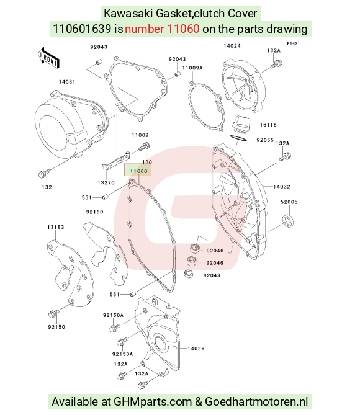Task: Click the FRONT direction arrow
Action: coord(48,58)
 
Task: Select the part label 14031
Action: coord(67,82)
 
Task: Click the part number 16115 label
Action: coord(268,125)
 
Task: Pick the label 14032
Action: coord(282,187)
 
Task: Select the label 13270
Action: coord(106,182)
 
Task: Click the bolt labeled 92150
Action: coord(53,314)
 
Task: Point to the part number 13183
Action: coord(56,227)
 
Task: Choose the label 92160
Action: coord(94,212)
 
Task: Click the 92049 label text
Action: coord(212,275)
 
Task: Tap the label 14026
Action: coord(196,349)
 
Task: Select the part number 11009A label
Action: coord(192,68)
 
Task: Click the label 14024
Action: coord(232,46)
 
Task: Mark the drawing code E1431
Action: coord(293,43)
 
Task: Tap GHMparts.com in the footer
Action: coord(153,401)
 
